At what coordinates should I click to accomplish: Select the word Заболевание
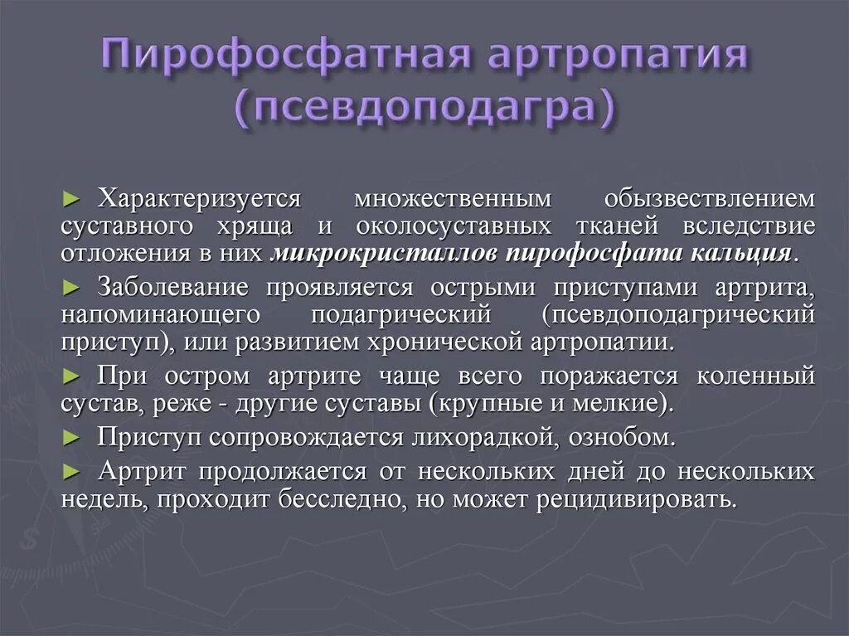tap(173, 288)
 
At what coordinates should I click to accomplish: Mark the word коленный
tap(755, 376)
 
